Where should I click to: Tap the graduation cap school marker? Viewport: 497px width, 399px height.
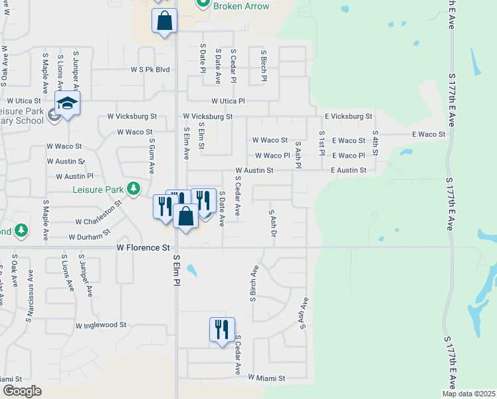67,104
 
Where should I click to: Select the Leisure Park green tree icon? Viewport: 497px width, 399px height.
134,189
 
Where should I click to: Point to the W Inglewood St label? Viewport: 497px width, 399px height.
101,325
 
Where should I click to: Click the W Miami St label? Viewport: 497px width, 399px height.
266,378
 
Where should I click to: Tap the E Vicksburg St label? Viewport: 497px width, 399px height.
349,116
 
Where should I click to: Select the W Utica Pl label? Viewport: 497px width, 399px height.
228,101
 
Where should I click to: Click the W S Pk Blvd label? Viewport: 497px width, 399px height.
150,69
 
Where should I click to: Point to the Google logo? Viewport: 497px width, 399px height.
22,390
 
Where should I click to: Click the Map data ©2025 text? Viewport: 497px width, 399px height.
469,394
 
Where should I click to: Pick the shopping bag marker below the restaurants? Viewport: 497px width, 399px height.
186,216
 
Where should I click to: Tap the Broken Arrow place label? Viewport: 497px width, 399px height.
241,6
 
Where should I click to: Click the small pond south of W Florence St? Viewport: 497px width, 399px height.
192,271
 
